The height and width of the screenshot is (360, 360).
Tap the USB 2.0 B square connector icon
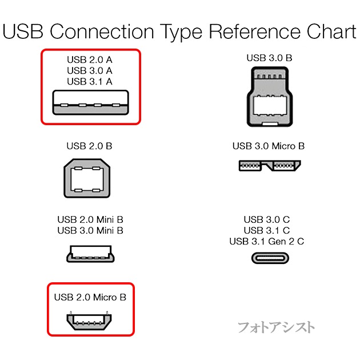[x=89, y=180]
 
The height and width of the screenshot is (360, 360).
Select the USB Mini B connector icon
[x=90, y=254]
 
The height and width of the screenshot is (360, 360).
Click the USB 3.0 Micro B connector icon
[x=268, y=166]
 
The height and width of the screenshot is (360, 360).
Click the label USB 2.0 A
[x=89, y=59]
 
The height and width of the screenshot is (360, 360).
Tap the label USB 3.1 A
[x=89, y=82]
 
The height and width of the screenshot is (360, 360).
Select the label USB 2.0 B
[x=89, y=146]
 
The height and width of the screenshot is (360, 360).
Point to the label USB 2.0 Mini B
[x=90, y=219]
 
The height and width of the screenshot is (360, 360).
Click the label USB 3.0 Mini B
[x=90, y=231]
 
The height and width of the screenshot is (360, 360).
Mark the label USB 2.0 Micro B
[x=90, y=297]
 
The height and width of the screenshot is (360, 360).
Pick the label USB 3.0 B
[x=268, y=58]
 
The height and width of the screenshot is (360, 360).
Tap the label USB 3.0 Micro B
[x=268, y=146]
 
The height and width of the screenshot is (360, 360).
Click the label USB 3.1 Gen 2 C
[x=266, y=242]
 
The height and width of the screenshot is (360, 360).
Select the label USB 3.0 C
[x=266, y=219]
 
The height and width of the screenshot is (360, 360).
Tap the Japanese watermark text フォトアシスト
[x=275, y=327]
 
